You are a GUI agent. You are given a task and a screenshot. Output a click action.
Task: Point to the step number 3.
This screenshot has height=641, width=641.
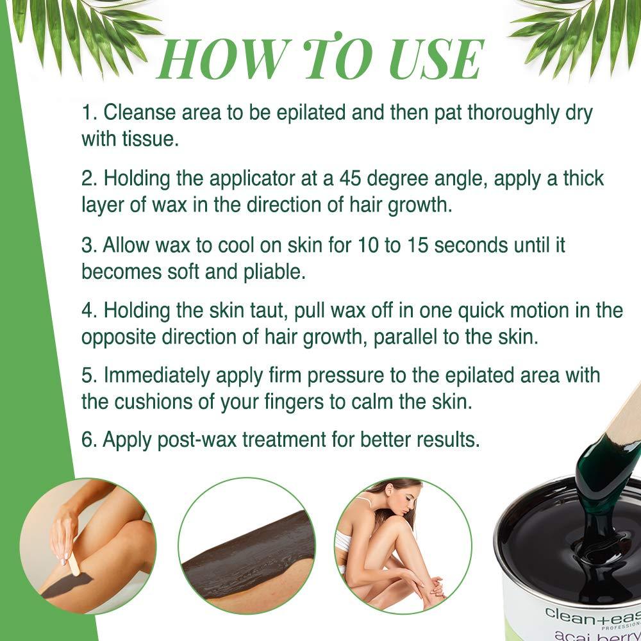point(88,245)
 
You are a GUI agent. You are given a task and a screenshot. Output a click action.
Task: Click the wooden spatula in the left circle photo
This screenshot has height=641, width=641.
point(72,565)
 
